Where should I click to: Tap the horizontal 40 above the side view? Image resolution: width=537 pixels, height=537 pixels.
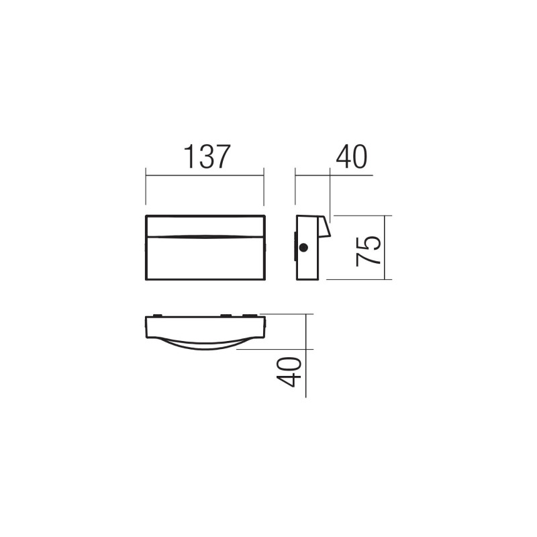pos(352,157)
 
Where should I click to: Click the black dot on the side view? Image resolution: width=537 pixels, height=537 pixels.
pos(303,248)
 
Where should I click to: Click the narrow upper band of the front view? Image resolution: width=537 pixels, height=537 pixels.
pos(205,226)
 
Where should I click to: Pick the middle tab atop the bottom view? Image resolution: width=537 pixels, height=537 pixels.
pos(226,315)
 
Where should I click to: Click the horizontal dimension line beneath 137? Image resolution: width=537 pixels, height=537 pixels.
pos(205,176)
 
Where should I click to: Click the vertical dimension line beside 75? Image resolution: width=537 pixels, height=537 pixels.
pos(388,248)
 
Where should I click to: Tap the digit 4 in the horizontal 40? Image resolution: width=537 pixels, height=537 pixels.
pos(344,157)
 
